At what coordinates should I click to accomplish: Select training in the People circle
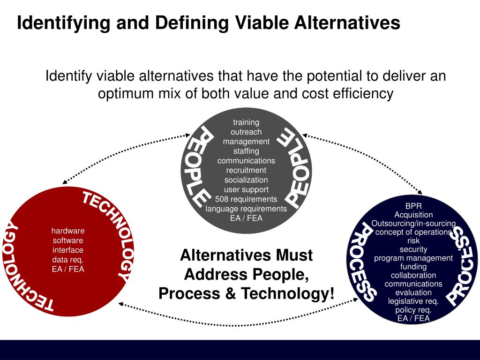[x=246, y=122]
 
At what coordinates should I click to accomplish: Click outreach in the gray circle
[x=246, y=132]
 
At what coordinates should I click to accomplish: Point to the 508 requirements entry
[x=246, y=199]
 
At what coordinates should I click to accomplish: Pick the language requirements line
[x=246, y=209]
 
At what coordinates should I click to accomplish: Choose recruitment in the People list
[x=246, y=170]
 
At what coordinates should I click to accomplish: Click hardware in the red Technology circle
[x=68, y=231]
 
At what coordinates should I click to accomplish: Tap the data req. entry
[x=68, y=259]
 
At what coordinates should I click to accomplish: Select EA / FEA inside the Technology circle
[x=68, y=269]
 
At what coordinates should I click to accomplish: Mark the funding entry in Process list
[x=413, y=266]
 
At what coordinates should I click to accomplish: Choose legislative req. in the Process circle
[x=413, y=301]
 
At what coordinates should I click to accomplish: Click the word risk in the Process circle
[x=413, y=240]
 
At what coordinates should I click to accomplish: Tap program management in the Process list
[x=413, y=258]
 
